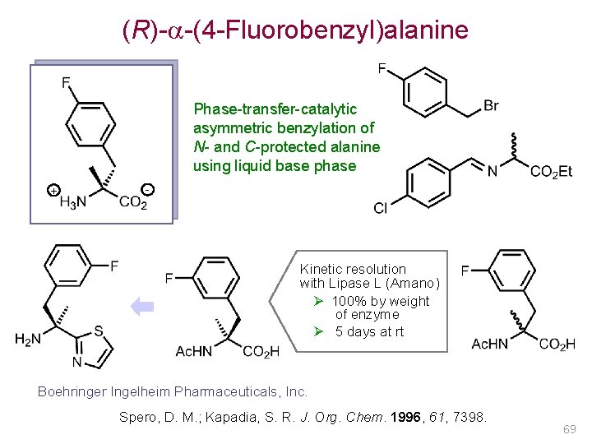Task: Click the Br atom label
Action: (x=491, y=105)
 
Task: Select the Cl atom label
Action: (x=380, y=208)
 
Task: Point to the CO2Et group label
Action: (x=551, y=172)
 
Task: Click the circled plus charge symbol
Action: (x=53, y=191)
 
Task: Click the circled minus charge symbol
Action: (x=146, y=190)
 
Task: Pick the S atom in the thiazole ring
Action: (x=98, y=332)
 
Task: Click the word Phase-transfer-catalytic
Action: (x=275, y=109)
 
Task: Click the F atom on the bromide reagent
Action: (x=383, y=68)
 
